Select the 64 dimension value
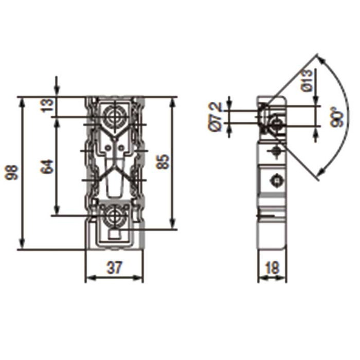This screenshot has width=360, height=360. coord(47,166)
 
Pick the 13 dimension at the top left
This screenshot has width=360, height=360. coord(47,105)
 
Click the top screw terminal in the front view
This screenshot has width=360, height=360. coord(114,116)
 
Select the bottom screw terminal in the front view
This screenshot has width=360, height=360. coord(114,218)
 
